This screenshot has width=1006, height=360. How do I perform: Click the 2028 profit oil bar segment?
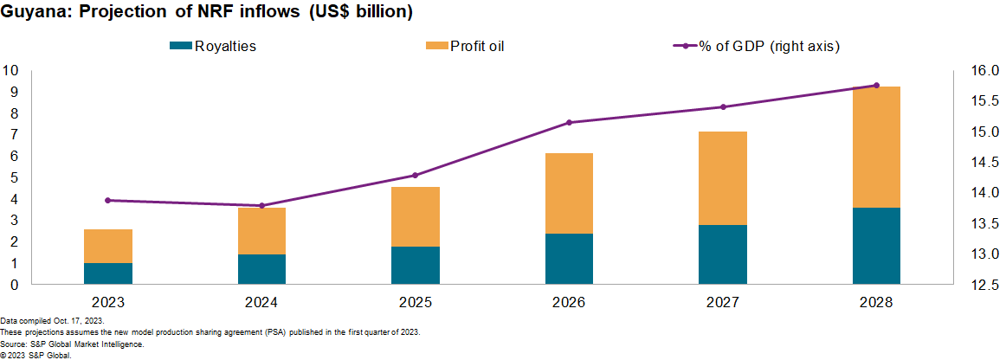876,147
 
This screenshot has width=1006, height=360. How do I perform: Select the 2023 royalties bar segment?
108,273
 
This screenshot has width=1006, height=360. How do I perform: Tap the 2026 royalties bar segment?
569,259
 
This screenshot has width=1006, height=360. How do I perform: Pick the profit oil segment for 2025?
416,216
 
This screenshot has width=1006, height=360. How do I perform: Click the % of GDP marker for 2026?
569,123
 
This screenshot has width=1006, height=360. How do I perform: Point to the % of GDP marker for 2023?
108,200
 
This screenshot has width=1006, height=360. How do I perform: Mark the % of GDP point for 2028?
876,85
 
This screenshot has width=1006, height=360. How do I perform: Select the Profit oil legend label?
476,46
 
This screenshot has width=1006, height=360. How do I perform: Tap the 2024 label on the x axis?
261,303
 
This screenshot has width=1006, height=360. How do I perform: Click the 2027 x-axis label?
722,303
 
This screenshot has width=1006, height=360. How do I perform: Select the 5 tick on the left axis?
14,177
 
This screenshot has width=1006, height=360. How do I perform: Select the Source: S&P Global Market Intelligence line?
72,344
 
